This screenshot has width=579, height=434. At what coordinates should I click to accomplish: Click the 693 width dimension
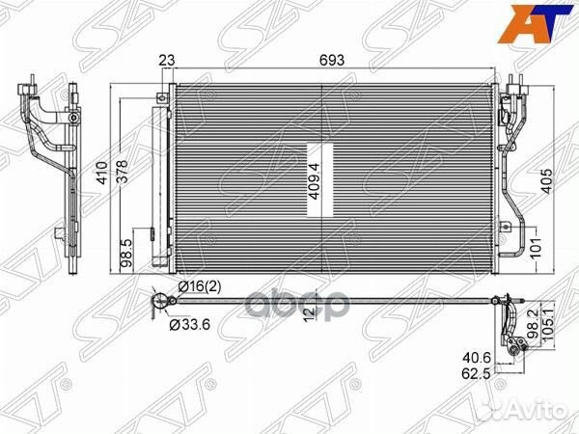pyautogui.click(x=332, y=60)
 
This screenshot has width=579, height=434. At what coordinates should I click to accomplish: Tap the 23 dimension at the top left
pyautogui.click(x=167, y=60)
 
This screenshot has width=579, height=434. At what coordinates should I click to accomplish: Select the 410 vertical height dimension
pyautogui.click(x=102, y=173)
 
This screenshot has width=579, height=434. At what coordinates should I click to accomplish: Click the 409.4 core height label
pyautogui.click(x=315, y=181)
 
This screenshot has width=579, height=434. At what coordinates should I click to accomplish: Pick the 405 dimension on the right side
pyautogui.click(x=547, y=180)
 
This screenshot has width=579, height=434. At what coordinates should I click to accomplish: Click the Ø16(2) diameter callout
pyautogui.click(x=200, y=286)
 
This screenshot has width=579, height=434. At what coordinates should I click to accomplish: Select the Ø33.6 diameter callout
pyautogui.click(x=189, y=325)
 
